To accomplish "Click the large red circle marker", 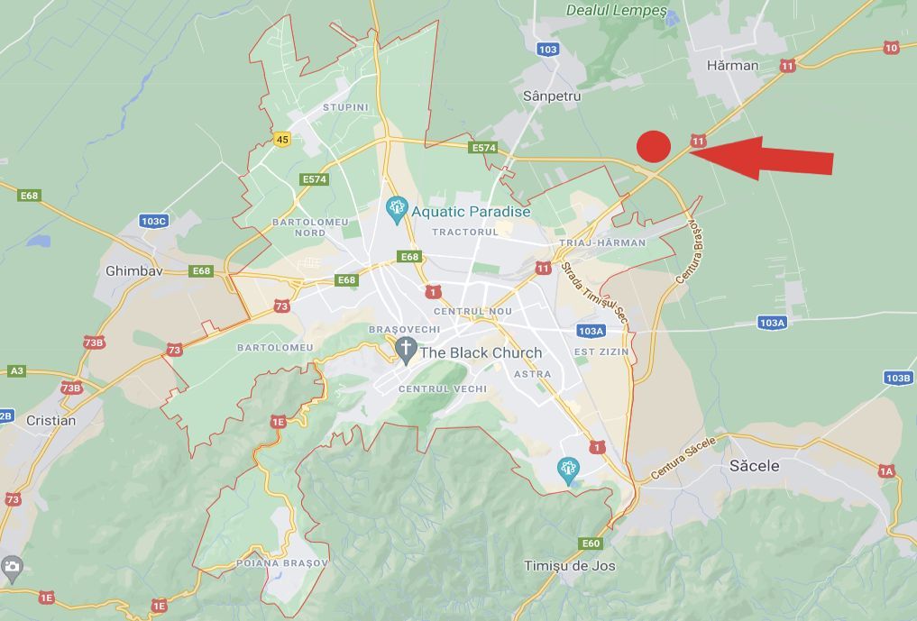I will pyautogui.click(x=654, y=146).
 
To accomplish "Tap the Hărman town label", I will pyautogui.click(x=732, y=66).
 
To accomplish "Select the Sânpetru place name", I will pyautogui.click(x=552, y=96).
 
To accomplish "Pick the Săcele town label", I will pyautogui.click(x=754, y=466).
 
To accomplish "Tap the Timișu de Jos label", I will pyautogui.click(x=570, y=565).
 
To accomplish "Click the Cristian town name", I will pyautogui.click(x=51, y=421).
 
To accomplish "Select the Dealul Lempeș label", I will pyautogui.click(x=617, y=11).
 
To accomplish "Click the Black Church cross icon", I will pyautogui.click(x=406, y=351).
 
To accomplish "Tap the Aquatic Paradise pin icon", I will pyautogui.click(x=396, y=210).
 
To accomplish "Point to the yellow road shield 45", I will pyautogui.click(x=283, y=140).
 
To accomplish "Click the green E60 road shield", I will pyautogui.click(x=591, y=543).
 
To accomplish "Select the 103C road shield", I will pyautogui.click(x=154, y=221).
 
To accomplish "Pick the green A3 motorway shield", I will pyautogui.click(x=16, y=371).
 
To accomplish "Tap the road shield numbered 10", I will pyautogui.click(x=891, y=48).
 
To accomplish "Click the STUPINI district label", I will pyautogui.click(x=345, y=107).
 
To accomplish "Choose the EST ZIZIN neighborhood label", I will pyautogui.click(x=601, y=352).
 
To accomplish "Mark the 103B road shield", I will pyautogui.click(x=897, y=379).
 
